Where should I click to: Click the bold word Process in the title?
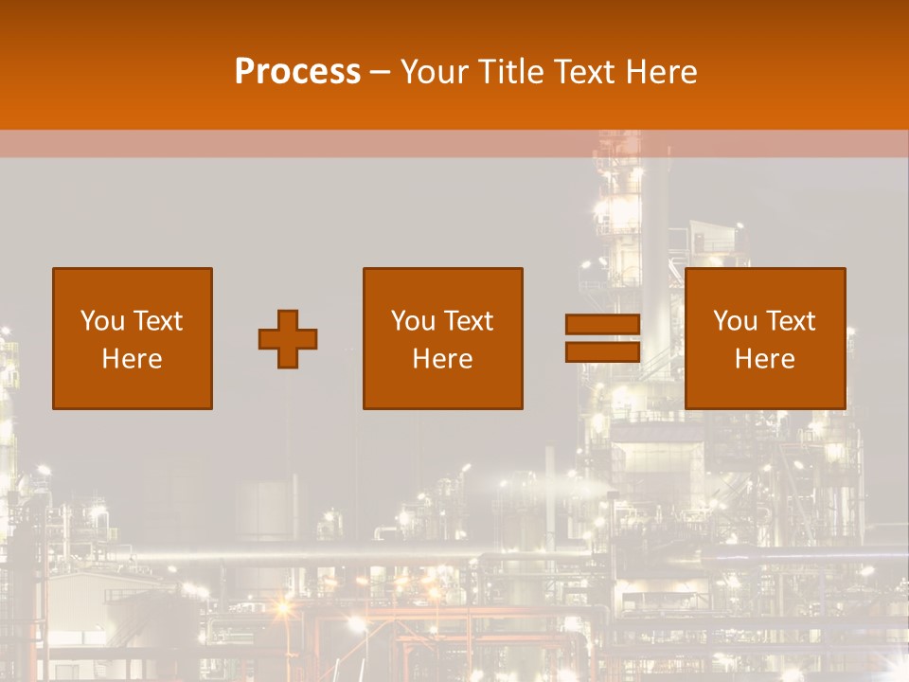coord(297,72)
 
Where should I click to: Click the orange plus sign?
coord(288,339)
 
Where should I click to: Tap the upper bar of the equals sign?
coord(602,324)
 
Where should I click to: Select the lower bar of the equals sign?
coord(602,351)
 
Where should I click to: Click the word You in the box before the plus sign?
coord(101,321)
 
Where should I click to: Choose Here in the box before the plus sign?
coord(132,359)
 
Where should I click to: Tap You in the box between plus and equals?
coord(413,321)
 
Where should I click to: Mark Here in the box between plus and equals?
coord(443,359)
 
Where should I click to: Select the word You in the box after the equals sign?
coord(735,321)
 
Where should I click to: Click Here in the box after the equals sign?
coord(765,359)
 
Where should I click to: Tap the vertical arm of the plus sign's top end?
coord(288,317)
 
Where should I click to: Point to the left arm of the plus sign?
coord(266,339)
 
